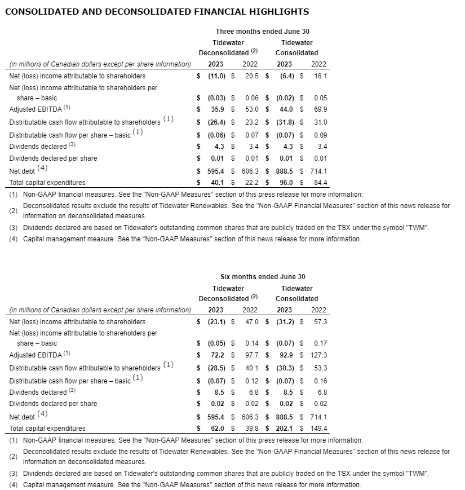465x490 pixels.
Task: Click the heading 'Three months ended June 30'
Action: tap(262, 32)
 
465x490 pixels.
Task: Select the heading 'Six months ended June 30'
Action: tap(262, 277)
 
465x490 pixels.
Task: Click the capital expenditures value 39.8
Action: tap(251, 429)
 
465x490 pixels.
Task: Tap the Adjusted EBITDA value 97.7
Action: tap(251, 355)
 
